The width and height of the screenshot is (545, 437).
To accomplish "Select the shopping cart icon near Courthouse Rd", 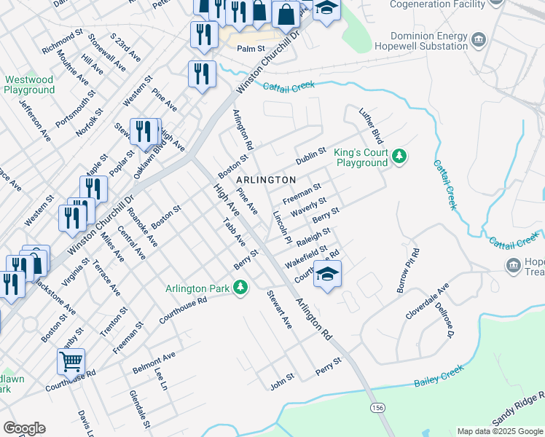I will (x=71, y=360).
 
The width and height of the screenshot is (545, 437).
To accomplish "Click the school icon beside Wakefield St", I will (x=328, y=275).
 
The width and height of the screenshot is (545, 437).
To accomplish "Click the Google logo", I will (x=24, y=428).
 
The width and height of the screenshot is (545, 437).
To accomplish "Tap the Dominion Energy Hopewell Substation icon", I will (x=479, y=39).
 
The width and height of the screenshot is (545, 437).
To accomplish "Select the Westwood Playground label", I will (x=29, y=84).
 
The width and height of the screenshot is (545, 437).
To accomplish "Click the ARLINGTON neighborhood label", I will (x=266, y=179).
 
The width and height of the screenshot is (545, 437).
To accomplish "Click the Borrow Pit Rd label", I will (x=409, y=271).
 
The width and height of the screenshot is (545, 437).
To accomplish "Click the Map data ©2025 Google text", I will (x=499, y=431).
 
